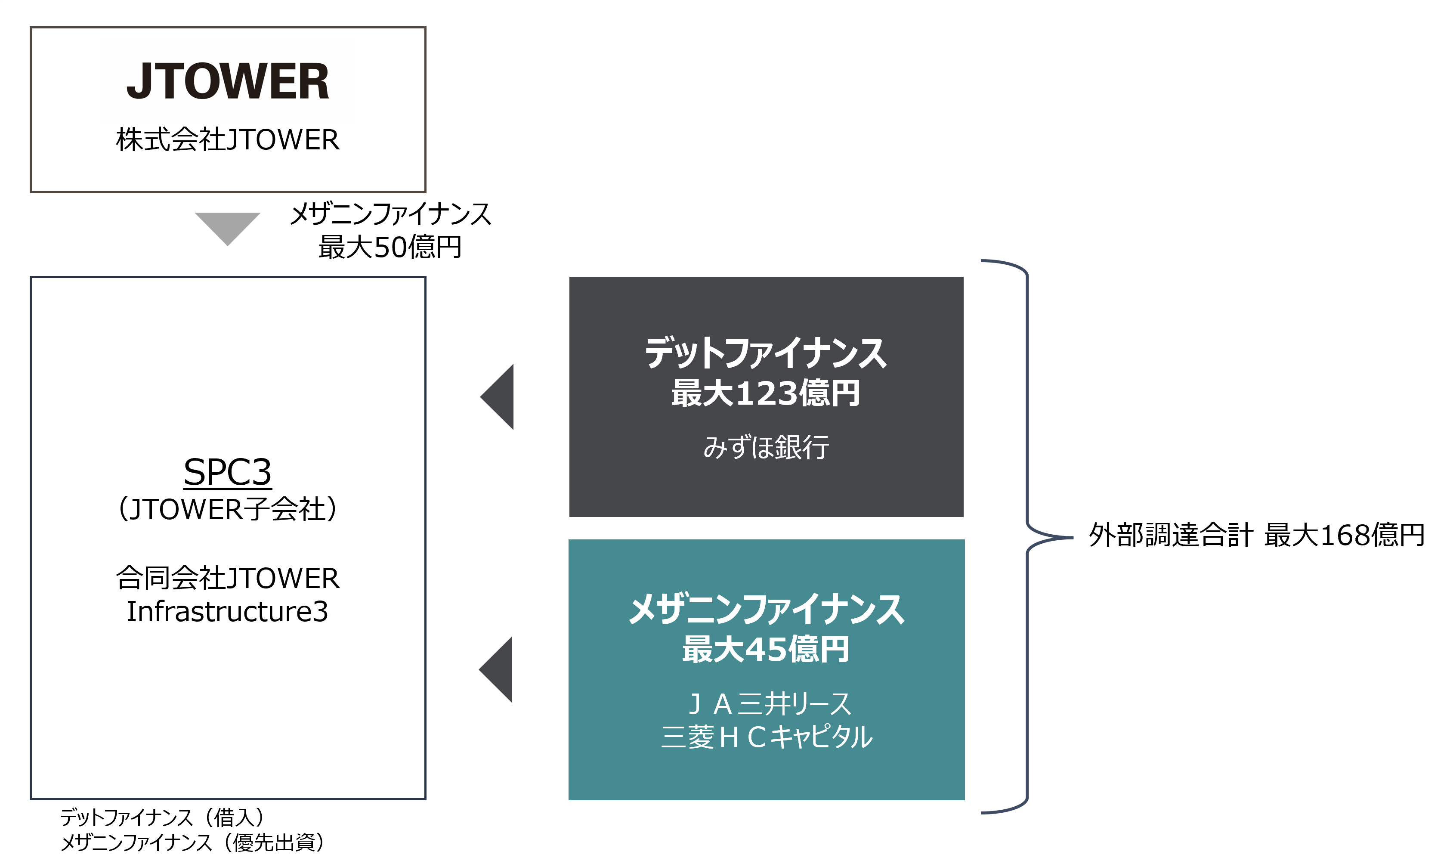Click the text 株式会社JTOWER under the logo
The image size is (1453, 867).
tap(228, 139)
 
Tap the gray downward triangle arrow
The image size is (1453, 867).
tap(227, 227)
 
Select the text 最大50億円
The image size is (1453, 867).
tap(390, 247)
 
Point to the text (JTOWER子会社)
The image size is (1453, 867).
tap(227, 509)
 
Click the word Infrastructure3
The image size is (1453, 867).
tap(227, 612)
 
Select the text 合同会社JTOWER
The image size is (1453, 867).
tap(227, 578)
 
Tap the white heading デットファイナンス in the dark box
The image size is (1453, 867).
tap(766, 353)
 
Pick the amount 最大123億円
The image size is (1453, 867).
tap(766, 393)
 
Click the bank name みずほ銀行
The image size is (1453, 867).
tap(766, 448)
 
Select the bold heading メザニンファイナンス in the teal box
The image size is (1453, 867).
tap(766, 610)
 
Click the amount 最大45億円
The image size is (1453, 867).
tap(766, 649)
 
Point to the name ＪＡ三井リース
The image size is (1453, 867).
tap(769, 704)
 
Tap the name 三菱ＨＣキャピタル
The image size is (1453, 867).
tap(767, 737)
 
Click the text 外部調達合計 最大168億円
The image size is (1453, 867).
tap(1257, 535)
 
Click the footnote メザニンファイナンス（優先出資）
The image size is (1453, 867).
tap(193, 842)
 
